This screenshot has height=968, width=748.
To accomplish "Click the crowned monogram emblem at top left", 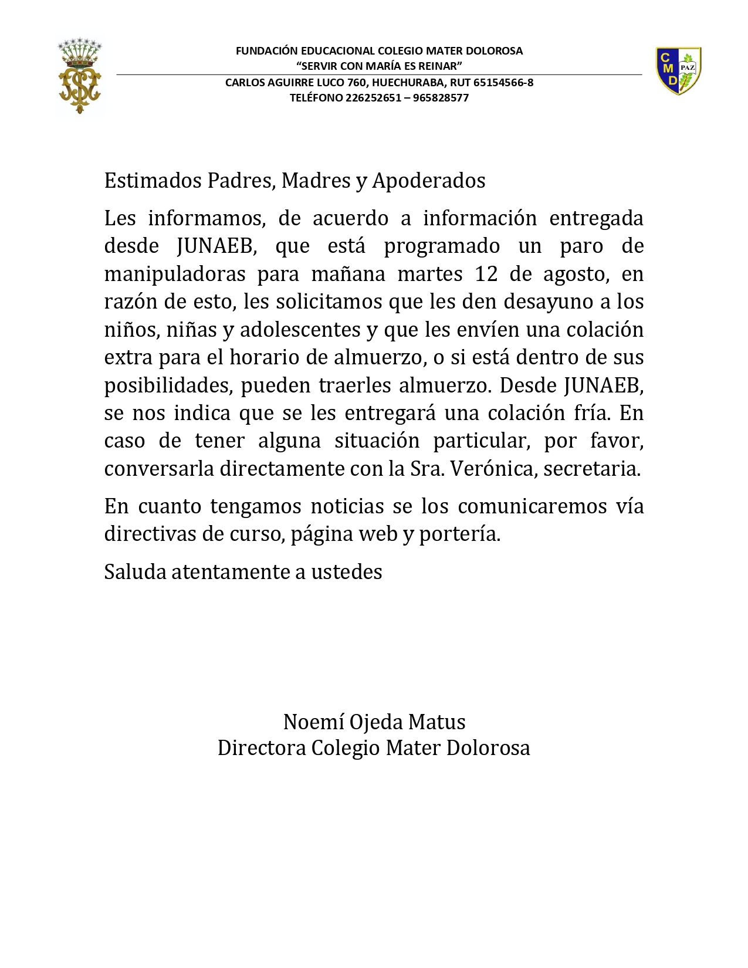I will (80, 77).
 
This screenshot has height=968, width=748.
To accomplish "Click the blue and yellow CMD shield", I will (678, 71).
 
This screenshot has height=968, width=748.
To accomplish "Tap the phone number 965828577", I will (441, 98).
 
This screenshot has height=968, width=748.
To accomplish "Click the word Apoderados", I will (428, 181).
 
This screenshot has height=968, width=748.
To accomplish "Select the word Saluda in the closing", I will (135, 571).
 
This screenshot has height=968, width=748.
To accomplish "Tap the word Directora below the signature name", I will (261, 748).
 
